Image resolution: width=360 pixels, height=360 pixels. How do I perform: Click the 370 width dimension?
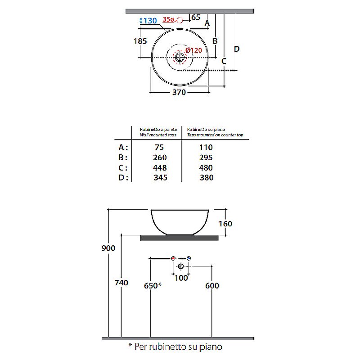(180, 93)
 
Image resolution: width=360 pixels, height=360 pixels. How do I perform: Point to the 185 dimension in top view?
(140, 41)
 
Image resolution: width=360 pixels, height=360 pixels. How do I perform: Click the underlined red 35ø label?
(168, 20)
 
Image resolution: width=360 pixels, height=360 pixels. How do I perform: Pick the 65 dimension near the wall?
(196, 18)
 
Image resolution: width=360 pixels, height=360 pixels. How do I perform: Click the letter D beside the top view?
(237, 49)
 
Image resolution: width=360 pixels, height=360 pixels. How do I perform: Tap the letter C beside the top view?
(224, 61)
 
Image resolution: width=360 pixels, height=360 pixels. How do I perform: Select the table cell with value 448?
(160, 168)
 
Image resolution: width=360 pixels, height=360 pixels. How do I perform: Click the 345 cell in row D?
(160, 178)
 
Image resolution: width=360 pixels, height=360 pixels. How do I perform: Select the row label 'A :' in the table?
(123, 147)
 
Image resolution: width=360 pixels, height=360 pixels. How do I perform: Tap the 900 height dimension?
(108, 248)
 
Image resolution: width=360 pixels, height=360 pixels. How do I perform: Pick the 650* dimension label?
(153, 286)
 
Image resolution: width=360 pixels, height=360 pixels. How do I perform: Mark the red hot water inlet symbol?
(173, 258)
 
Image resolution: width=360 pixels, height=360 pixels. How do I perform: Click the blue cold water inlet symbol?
(189, 258)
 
